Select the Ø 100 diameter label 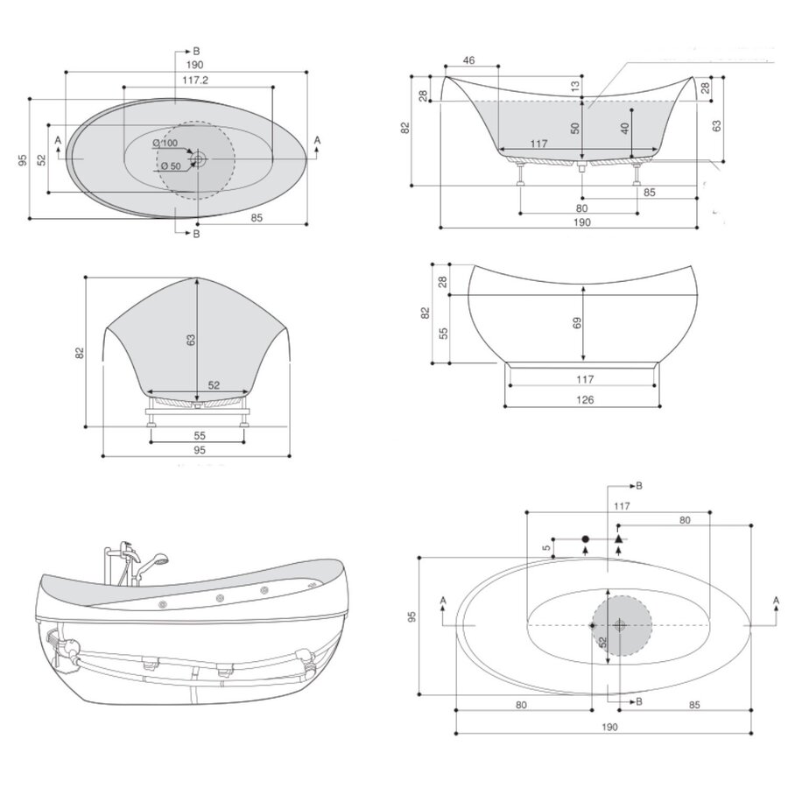164,143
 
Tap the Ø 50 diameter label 169,165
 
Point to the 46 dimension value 468,60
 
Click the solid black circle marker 585,538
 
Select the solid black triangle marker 618,538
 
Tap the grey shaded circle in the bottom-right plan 621,625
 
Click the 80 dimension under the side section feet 581,208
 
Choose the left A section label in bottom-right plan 443,600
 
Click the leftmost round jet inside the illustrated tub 164,603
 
